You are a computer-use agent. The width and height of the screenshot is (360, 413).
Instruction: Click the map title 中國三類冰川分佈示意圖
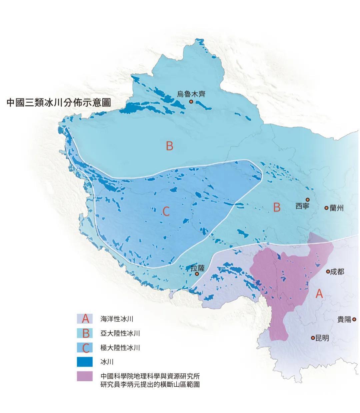pyautogui.click(x=59, y=102)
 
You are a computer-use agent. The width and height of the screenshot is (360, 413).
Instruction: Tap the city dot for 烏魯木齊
pyautogui.click(x=191, y=101)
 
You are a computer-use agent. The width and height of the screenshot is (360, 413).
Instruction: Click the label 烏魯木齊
pyautogui.click(x=191, y=94)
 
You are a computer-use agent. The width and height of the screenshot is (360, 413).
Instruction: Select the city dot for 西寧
pyautogui.click(x=308, y=199)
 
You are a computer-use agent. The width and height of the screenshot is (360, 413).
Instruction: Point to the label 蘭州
pyautogui.click(x=336, y=208)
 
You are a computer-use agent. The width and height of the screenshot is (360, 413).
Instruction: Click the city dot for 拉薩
pyautogui.click(x=197, y=274)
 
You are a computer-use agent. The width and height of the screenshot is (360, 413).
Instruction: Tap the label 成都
pyautogui.click(x=337, y=272)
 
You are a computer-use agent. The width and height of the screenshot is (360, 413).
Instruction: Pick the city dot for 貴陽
pyautogui.click(x=354, y=319)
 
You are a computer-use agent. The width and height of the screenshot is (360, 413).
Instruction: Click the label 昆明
pyautogui.click(x=322, y=338)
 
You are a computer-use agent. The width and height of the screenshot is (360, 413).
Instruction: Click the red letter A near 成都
pyautogui.click(x=319, y=294)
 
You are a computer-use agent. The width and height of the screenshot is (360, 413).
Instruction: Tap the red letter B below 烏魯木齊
pyautogui.click(x=170, y=146)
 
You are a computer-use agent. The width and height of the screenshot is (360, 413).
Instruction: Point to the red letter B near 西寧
pyautogui.click(x=277, y=207)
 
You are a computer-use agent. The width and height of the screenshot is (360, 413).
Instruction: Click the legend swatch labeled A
pyautogui.click(x=85, y=319)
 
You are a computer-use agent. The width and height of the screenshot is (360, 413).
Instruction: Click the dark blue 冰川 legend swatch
pyautogui.click(x=85, y=362)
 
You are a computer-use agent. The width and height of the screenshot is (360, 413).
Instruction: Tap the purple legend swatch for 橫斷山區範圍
pyautogui.click(x=85, y=376)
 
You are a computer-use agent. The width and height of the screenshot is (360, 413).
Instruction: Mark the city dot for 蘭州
pyautogui.click(x=326, y=208)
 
